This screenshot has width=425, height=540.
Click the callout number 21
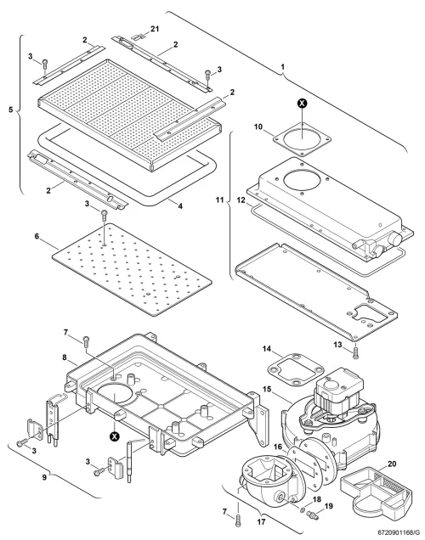pos(155,29)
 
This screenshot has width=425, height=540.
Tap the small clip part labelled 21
pos(138,37)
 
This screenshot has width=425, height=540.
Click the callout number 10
pos(258,127)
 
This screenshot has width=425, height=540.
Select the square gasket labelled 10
pos(302,138)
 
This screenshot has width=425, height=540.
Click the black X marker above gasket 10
pos(303,103)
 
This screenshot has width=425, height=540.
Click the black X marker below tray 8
pos(114,436)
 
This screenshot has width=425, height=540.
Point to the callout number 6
pos(37,236)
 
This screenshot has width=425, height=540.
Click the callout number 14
pos(267,349)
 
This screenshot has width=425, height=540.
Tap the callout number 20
pos(392,464)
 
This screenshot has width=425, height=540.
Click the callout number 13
pos(337,345)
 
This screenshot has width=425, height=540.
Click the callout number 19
pos(329,506)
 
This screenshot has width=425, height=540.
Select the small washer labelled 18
pos(303,509)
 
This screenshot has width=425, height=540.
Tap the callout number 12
pos(241,200)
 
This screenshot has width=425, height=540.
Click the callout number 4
pos(180,206)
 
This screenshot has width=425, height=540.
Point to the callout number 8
pos(65,357)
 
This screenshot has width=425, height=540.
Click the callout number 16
pos(278,447)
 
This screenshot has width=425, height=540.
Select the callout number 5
pos(11,110)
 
